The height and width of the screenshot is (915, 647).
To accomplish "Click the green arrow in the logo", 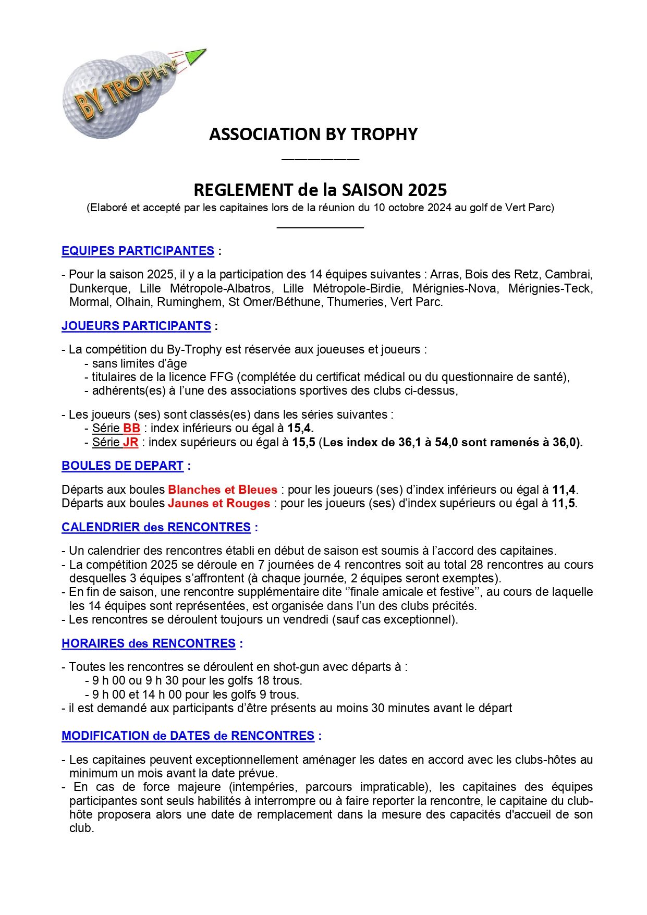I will (x=196, y=55).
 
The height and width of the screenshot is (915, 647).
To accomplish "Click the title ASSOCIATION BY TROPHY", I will (x=313, y=135).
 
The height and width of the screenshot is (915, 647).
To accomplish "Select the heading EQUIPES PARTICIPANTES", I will (x=138, y=251).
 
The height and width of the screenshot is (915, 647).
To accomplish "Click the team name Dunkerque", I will (x=98, y=288).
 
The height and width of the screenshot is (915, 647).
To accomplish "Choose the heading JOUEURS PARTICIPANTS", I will (x=136, y=326).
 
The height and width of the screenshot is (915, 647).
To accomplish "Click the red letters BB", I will (x=131, y=429).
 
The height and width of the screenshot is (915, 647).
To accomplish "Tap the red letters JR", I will (x=130, y=443).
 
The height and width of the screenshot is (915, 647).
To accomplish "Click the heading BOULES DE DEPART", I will (x=123, y=466).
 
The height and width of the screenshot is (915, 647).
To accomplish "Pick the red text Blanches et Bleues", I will (x=223, y=490).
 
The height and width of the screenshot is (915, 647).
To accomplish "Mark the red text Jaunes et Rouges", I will (x=219, y=503).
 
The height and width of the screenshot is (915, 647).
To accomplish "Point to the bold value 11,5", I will (x=564, y=503).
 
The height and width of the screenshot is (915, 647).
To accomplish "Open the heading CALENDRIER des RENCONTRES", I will (x=156, y=527).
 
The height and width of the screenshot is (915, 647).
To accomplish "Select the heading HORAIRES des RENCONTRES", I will (x=149, y=643).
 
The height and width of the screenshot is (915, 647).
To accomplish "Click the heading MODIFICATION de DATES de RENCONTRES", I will (x=188, y=736).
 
